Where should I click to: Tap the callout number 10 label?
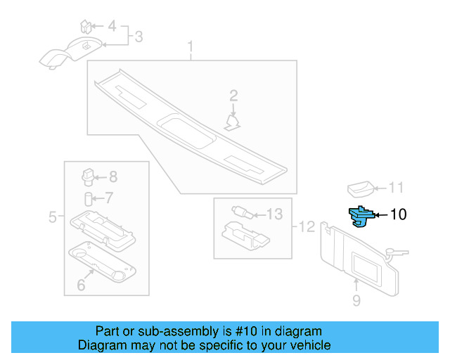tap(398, 214)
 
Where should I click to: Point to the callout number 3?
tap(139, 36)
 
